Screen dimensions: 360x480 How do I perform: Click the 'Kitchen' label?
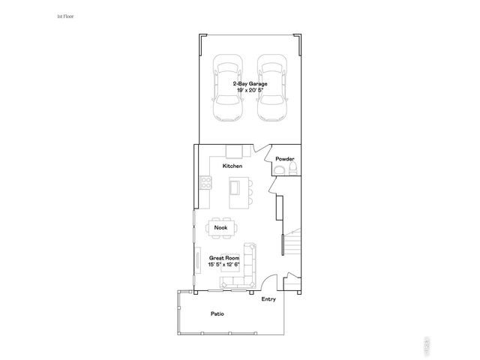(232, 165)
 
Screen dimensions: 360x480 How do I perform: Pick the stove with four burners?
(204, 183)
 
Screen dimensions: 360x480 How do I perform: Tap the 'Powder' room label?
(284, 159)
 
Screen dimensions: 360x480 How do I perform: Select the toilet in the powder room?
(277, 172)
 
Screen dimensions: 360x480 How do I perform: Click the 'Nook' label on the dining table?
(220, 227)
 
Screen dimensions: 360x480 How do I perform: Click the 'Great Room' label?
(223, 257)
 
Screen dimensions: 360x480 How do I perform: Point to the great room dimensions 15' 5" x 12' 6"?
(223, 263)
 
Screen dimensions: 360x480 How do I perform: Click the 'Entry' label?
(268, 299)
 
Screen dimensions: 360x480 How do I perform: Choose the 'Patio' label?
(217, 313)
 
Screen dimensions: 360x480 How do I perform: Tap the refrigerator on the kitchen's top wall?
(235, 150)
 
